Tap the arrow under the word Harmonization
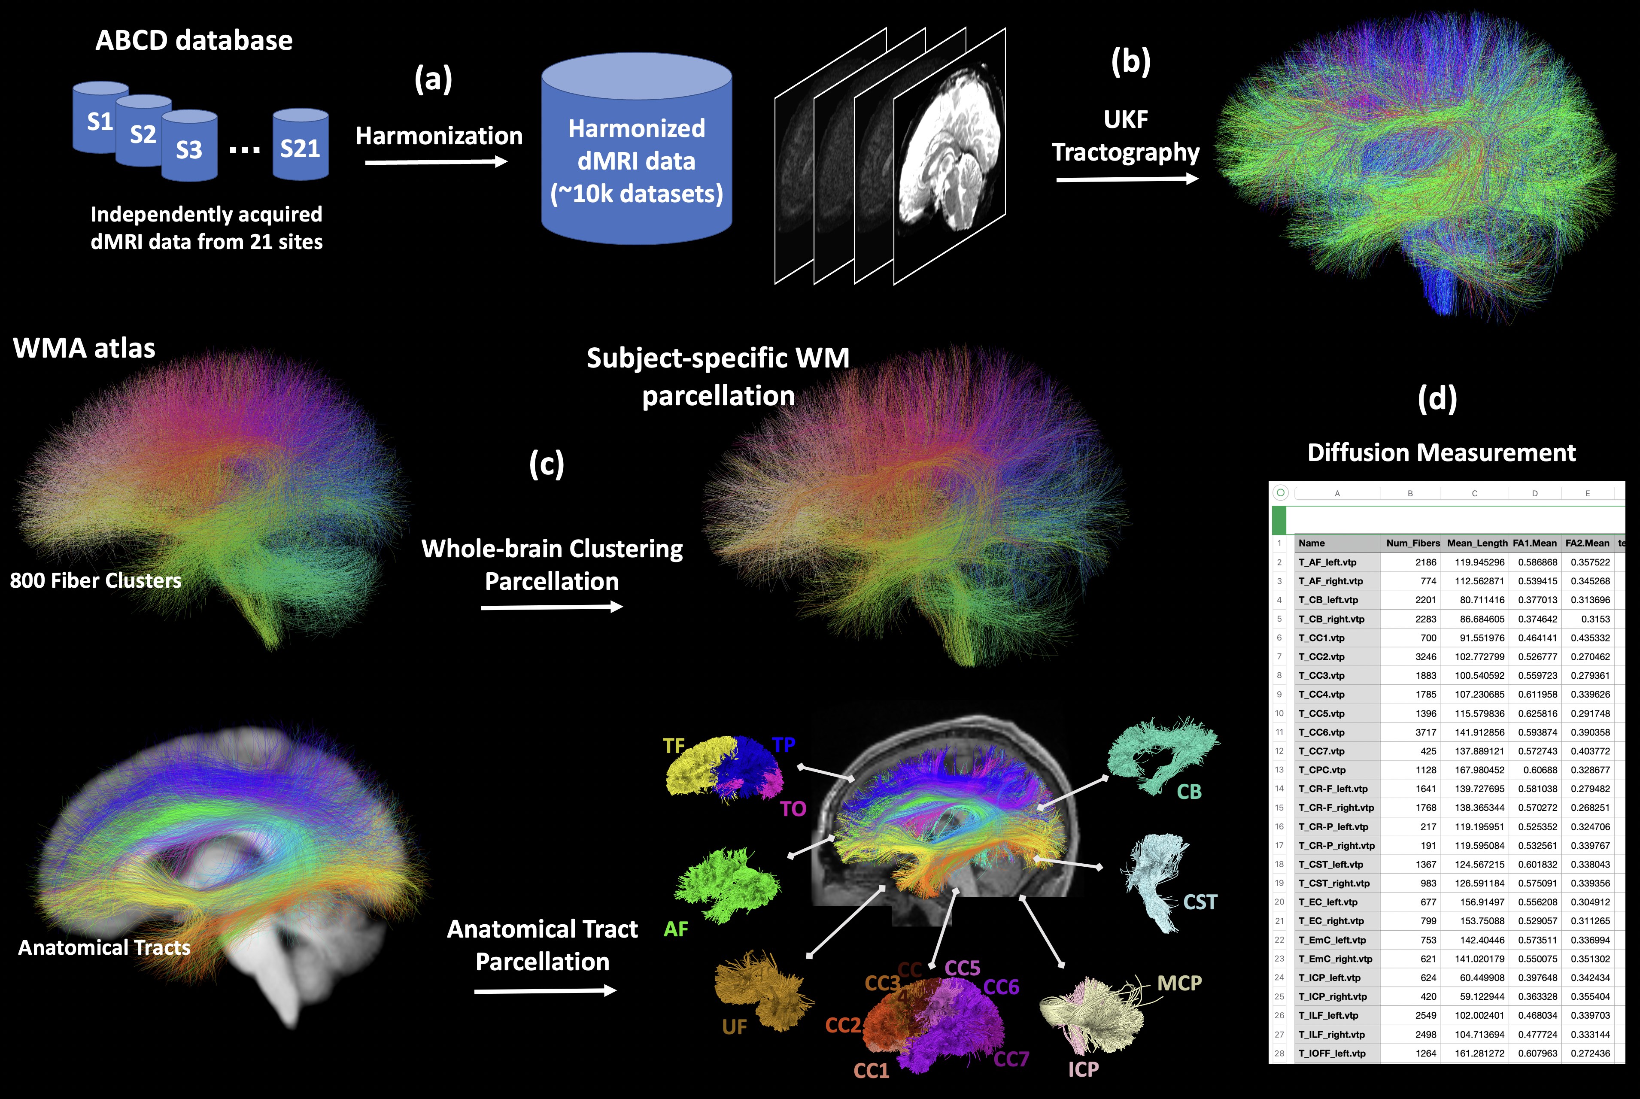[436, 162]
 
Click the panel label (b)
[1130, 62]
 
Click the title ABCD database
[194, 41]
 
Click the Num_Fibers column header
[1412, 543]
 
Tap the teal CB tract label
[1189, 792]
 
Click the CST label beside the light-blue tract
[1200, 902]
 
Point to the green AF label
[676, 929]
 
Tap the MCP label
[1179, 984]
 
